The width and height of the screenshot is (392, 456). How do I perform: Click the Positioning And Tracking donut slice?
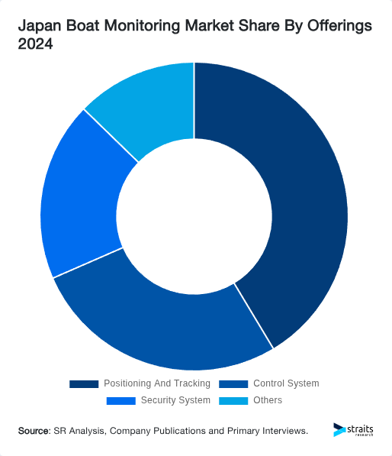tap(305, 199)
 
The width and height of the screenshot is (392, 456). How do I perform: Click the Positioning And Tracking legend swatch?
tap(84, 383)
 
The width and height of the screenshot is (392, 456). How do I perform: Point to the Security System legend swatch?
tap(121, 400)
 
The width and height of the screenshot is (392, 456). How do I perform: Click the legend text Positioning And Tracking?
tap(156, 383)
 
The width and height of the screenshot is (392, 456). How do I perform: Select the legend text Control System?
tap(286, 383)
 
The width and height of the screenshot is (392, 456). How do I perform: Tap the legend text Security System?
tap(175, 400)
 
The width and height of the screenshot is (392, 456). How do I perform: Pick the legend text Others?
tap(268, 400)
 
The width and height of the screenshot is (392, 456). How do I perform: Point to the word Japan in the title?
tap(39, 27)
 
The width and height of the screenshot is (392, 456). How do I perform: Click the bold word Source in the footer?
tap(34, 432)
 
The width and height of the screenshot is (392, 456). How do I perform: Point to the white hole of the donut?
tap(194, 215)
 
